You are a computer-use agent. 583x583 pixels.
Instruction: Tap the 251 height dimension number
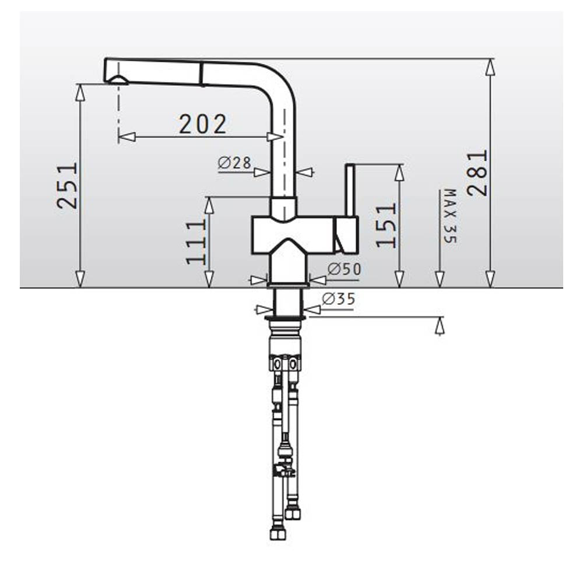67,185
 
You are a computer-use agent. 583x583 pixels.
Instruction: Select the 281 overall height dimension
477,173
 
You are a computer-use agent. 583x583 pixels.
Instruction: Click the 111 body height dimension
196,242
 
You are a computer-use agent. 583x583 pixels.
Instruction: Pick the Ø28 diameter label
234,163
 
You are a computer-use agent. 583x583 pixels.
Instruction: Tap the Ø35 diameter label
338,298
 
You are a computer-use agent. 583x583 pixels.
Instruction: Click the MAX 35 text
450,216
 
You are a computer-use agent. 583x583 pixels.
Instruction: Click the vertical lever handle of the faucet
350,190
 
